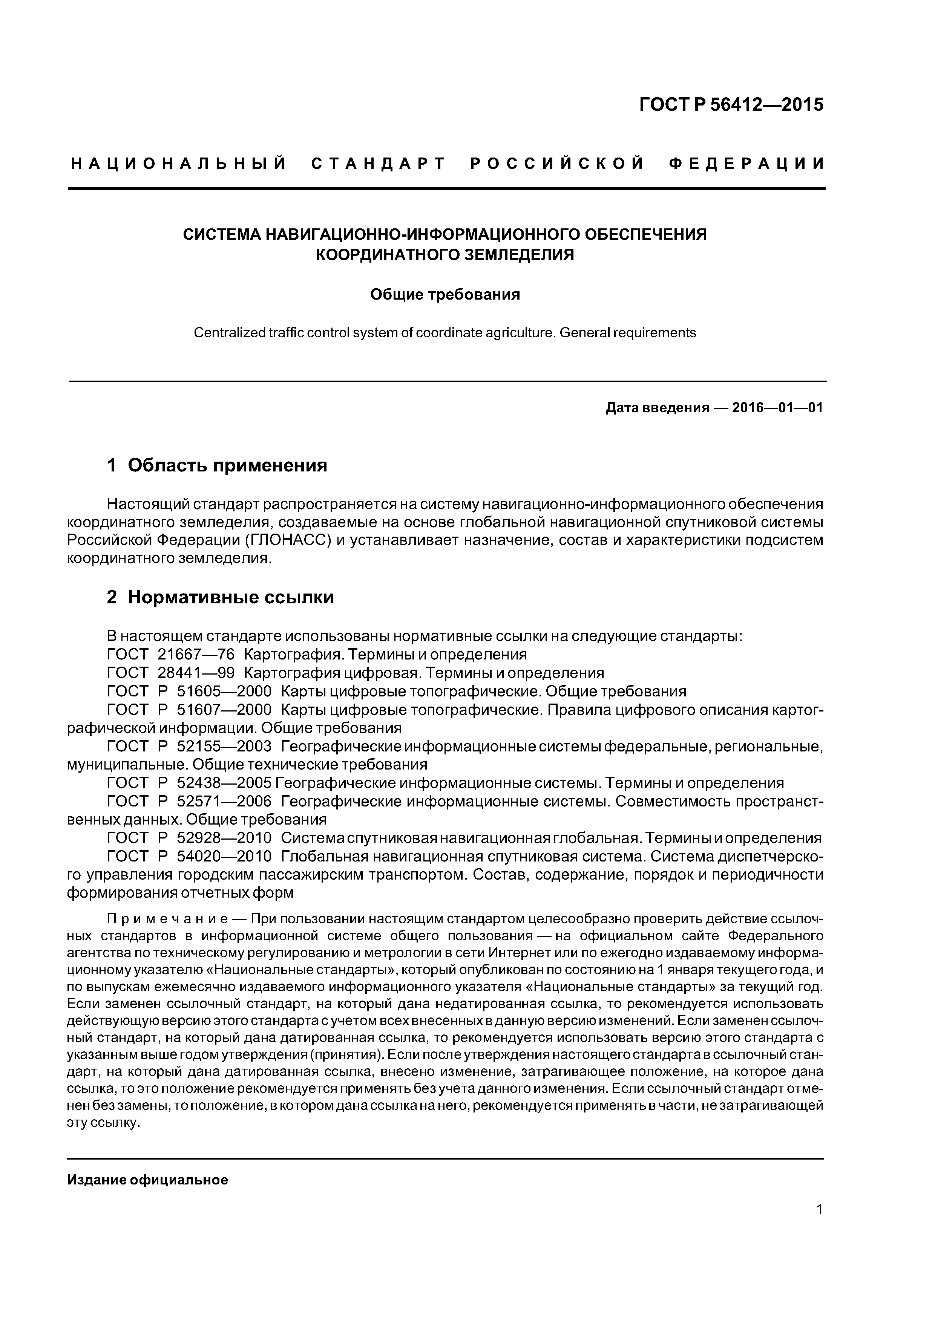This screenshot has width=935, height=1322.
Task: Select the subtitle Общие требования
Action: tap(445, 295)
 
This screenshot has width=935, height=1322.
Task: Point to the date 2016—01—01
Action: tap(777, 408)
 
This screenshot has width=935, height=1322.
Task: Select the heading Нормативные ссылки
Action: tap(230, 597)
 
